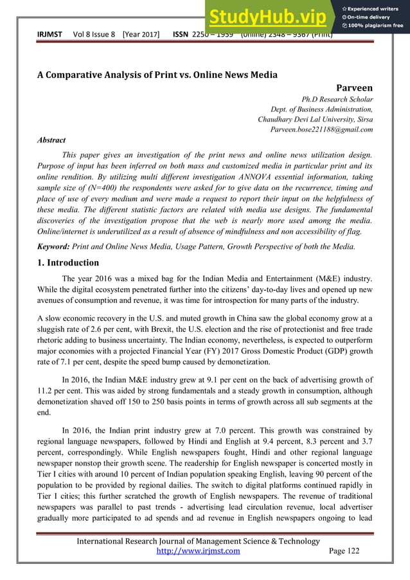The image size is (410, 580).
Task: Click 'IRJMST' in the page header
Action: pyautogui.click(x=49, y=34)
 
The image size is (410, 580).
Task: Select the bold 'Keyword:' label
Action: pyautogui.click(x=55, y=246)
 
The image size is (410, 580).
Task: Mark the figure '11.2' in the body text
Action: pyautogui.click(x=46, y=389)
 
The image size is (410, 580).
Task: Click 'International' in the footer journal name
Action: pyautogui.click(x=106, y=541)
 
